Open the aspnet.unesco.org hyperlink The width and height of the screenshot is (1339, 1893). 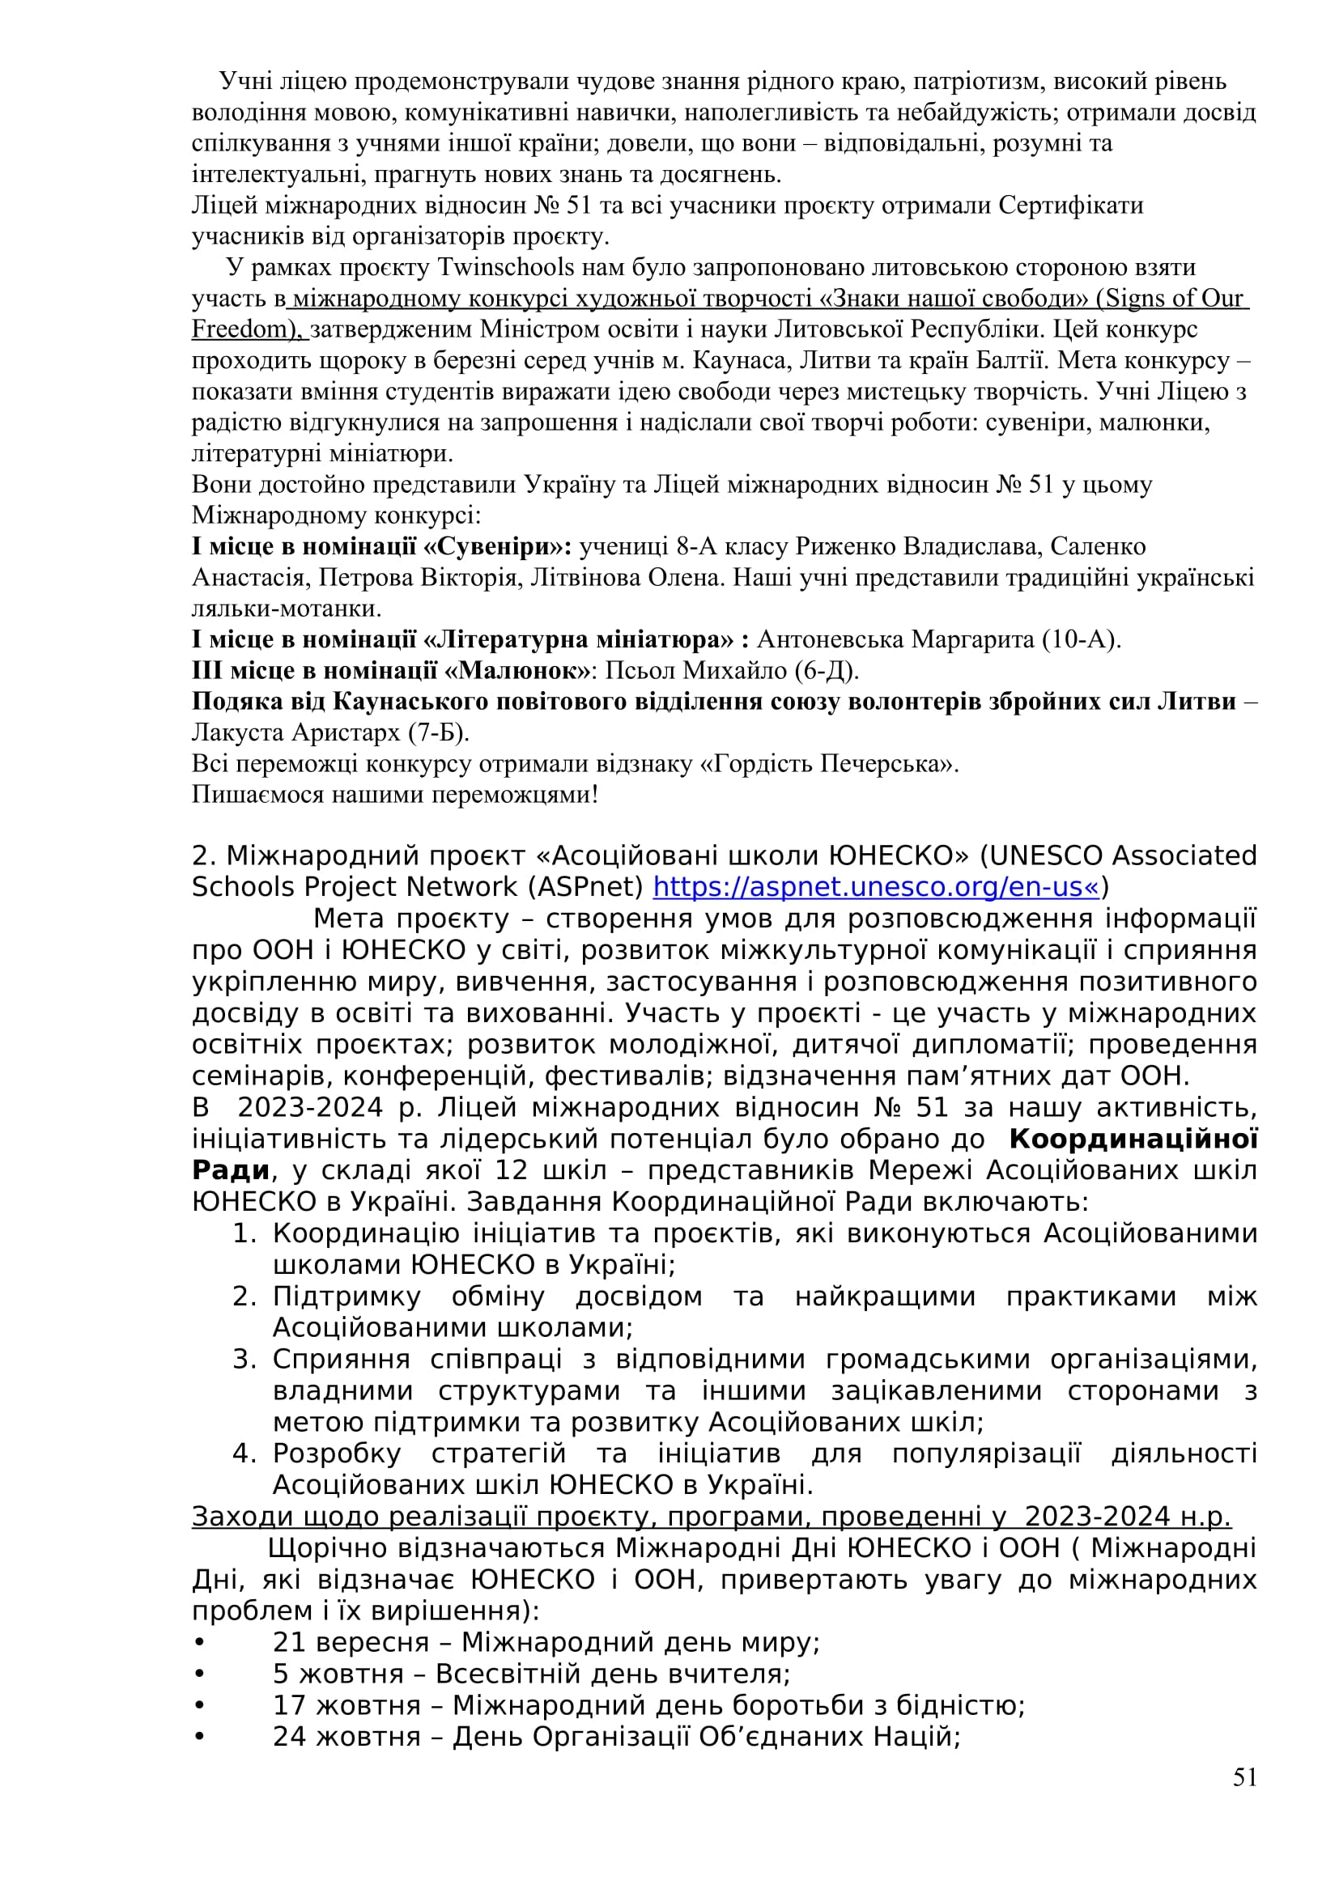click(x=876, y=887)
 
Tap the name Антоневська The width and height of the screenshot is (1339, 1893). click(x=828, y=639)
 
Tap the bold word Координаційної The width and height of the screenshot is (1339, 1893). click(x=1133, y=1140)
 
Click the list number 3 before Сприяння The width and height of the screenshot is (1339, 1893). click(x=244, y=1359)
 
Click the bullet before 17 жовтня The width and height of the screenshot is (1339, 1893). click(x=198, y=1705)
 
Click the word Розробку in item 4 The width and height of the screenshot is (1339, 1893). click(x=337, y=1453)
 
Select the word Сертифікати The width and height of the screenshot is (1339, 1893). click(x=1071, y=206)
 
